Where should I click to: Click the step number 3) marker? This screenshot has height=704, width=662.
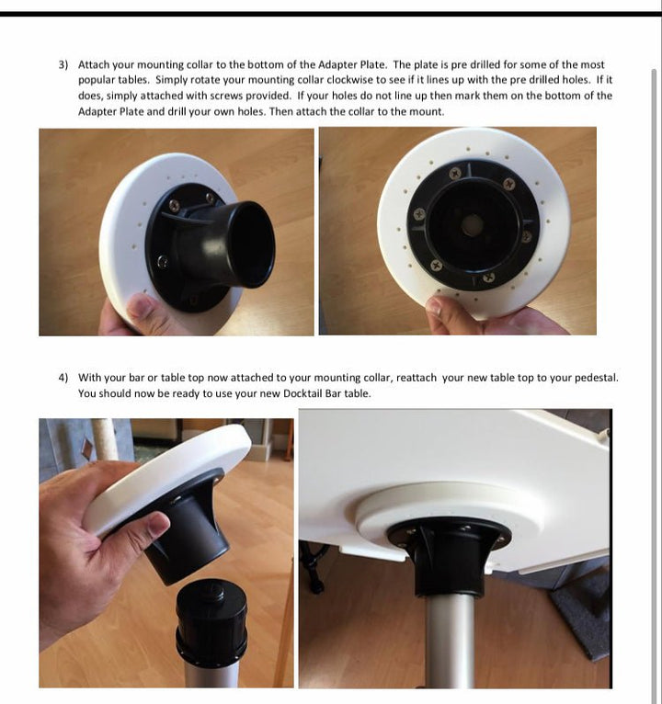click(63, 64)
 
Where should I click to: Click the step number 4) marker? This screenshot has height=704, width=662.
click(63, 378)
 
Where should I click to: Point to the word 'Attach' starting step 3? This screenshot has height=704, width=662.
click(94, 64)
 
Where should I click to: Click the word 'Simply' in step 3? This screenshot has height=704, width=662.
click(173, 80)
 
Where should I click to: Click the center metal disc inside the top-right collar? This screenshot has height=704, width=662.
click(472, 224)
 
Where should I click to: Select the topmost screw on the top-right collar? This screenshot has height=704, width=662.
click(455, 173)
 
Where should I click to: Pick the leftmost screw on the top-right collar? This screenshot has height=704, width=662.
click(419, 214)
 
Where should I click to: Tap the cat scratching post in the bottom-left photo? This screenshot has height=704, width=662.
click(105, 439)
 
